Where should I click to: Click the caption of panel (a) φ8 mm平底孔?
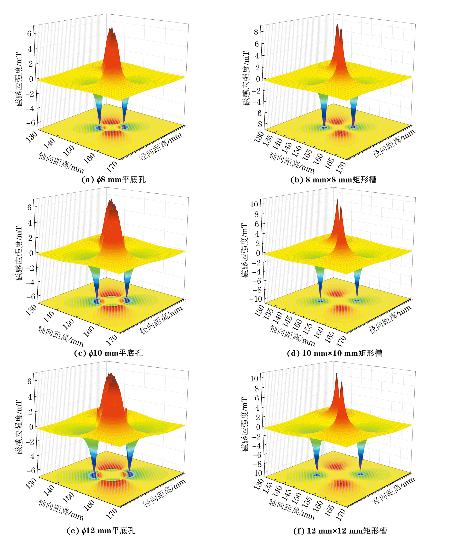coord(114,180)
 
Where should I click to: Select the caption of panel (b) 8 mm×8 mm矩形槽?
coord(333,180)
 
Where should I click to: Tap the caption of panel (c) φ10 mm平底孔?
coord(108,353)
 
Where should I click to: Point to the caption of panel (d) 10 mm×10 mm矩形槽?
coord(334,353)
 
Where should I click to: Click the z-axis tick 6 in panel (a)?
coord(29,33)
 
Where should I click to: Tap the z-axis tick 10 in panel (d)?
coord(254,204)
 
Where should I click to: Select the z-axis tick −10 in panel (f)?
coord(255,473)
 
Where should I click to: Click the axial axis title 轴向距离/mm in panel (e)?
coord(61,510)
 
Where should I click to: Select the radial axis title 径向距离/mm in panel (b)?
coord(394,143)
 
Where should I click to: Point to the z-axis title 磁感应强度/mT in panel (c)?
coord(19,253)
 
